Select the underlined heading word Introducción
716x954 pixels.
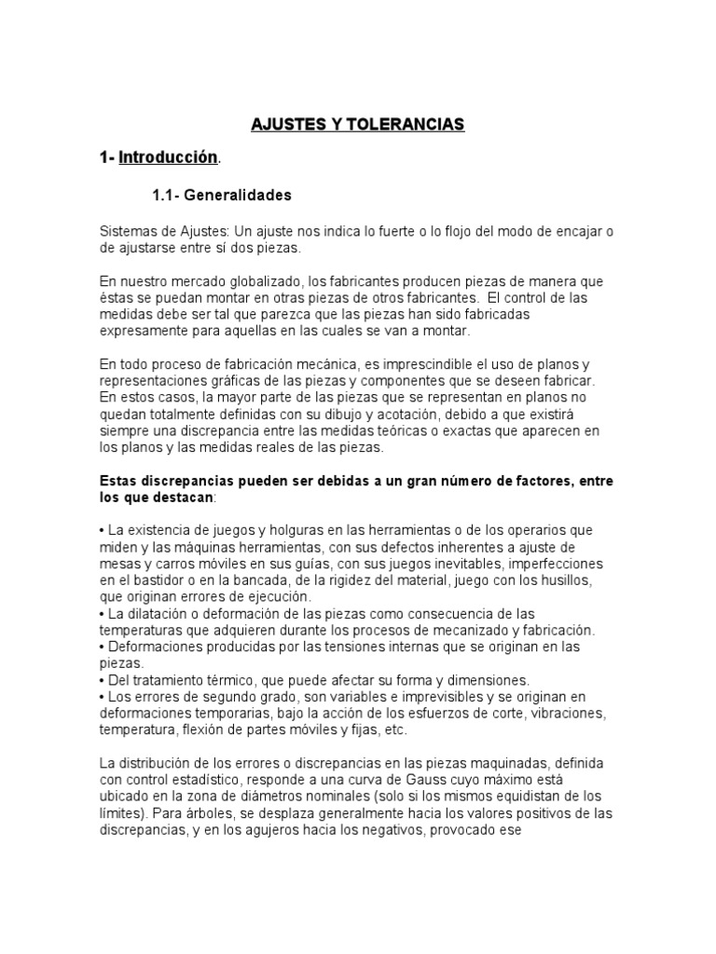(x=168, y=158)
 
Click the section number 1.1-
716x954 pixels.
(x=165, y=195)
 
